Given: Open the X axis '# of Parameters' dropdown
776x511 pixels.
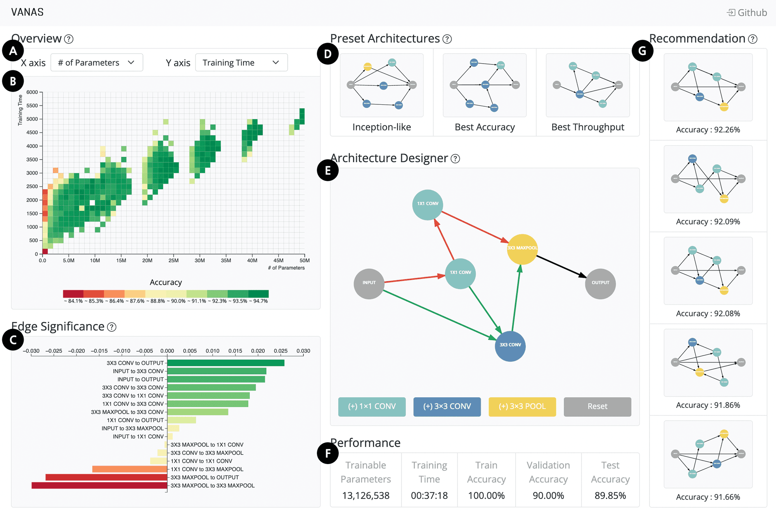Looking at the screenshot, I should (97, 62).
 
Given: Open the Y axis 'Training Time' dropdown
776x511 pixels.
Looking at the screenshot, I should (241, 62).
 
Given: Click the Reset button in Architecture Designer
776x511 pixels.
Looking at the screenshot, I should (597, 406).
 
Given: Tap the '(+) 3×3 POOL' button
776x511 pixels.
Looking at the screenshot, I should (522, 406).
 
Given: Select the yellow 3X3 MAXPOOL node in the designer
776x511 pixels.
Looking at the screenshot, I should (522, 249).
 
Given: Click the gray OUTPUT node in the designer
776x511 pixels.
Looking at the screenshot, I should (600, 283).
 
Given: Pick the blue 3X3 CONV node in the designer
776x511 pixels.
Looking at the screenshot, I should (510, 345).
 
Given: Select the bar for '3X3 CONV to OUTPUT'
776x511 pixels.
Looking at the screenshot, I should (225, 363).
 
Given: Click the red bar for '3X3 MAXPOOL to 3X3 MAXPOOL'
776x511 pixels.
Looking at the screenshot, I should (99, 485).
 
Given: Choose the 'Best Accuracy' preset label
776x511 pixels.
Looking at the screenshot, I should (485, 127).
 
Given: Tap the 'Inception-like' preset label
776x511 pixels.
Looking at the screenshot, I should (381, 127).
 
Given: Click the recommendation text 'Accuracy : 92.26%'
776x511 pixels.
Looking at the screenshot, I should (708, 130).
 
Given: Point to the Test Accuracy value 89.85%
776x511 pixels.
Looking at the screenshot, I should (610, 495).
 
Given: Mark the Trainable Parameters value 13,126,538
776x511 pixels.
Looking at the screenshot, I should (365, 495).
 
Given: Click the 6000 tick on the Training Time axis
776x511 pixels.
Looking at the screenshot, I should (32, 92).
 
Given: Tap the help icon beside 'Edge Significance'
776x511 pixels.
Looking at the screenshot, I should (112, 327).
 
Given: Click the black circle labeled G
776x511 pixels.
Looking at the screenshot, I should (642, 51).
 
